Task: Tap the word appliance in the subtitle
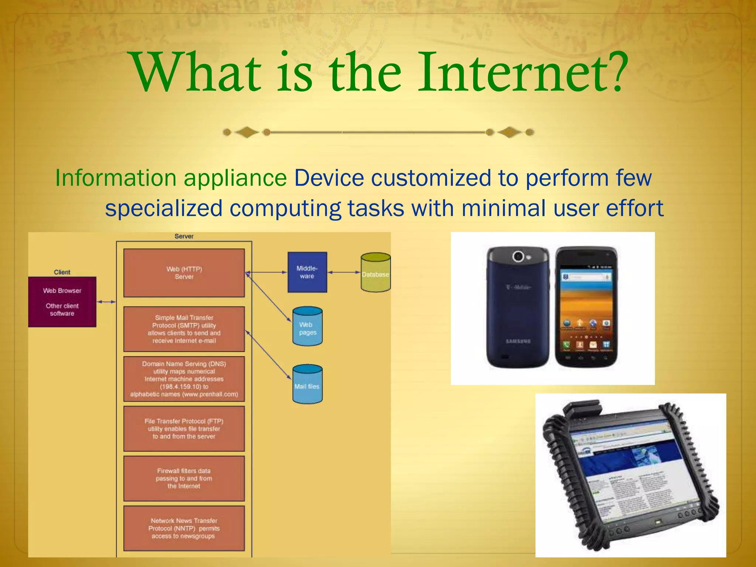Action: tap(235, 178)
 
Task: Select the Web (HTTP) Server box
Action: tap(184, 273)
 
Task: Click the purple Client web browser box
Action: tap(62, 302)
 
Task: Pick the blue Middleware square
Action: tap(307, 272)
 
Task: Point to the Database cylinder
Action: tap(375, 273)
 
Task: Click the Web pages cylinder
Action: tap(307, 327)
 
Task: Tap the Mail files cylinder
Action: tap(307, 385)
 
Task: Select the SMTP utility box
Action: tap(184, 329)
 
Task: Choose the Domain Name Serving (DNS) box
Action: tap(184, 379)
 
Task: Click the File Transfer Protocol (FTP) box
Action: tap(184, 429)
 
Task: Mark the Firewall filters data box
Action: tap(184, 478)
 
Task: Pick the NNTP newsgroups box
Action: tap(184, 528)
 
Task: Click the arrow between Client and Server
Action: tap(106, 302)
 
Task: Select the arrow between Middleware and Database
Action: tap(344, 272)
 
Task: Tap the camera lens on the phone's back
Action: tap(518, 256)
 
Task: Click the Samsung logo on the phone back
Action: tap(518, 341)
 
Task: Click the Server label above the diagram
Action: tap(184, 236)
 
